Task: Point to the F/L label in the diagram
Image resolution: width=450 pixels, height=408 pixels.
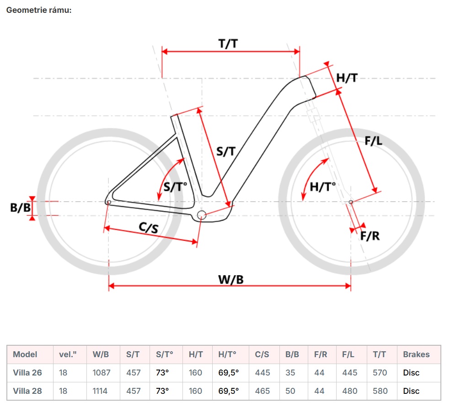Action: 373,141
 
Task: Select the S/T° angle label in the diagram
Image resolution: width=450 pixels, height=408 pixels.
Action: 176,187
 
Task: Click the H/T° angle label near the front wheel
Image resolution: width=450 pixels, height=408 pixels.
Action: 322,187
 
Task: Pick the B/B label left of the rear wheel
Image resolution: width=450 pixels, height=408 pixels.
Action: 21,208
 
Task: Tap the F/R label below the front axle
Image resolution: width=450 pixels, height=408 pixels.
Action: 370,236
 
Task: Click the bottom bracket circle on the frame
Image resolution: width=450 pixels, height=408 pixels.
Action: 202,215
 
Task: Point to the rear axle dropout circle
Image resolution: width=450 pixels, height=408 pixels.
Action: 108,202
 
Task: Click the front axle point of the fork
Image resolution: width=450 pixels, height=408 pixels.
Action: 351,202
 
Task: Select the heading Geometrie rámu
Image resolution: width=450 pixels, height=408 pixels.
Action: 38,10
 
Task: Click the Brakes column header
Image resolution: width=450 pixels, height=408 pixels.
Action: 416,354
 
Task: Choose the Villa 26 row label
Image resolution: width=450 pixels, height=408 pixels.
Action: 27,373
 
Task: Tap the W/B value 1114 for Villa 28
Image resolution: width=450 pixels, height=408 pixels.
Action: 102,391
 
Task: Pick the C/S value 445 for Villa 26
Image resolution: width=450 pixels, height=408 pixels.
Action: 262,373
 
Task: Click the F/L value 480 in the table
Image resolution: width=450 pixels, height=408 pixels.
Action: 350,391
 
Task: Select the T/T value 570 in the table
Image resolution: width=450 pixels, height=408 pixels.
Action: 380,373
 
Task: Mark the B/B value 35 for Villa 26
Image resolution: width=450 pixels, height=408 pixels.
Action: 290,373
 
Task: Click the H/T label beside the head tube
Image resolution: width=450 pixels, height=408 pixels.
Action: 347,78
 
